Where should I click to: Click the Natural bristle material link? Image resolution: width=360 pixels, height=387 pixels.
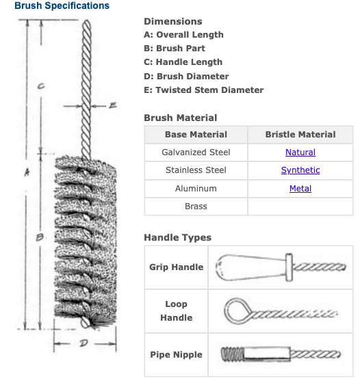click(x=300, y=152)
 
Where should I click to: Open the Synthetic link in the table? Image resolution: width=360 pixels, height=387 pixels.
click(x=300, y=170)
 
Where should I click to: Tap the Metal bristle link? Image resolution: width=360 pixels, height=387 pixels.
click(x=300, y=189)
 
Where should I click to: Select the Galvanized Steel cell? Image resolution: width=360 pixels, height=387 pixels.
click(x=196, y=152)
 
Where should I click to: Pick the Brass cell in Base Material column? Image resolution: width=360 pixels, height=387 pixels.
click(x=196, y=206)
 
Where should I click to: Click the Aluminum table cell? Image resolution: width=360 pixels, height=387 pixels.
click(x=196, y=189)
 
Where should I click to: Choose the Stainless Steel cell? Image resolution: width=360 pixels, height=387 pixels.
click(x=196, y=170)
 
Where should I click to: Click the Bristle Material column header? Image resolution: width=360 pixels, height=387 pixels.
click(x=300, y=135)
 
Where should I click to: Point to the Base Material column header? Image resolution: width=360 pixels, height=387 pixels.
click(x=196, y=135)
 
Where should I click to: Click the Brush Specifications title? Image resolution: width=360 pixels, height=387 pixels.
click(x=62, y=5)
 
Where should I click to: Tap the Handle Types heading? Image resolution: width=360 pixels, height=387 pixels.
click(x=177, y=237)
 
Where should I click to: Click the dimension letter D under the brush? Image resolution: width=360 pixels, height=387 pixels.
click(x=83, y=343)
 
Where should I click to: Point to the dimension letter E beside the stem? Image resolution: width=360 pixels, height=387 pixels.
click(x=112, y=105)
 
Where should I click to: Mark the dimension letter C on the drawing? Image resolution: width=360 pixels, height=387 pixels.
click(x=41, y=86)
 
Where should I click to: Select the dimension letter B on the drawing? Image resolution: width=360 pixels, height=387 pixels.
click(x=40, y=237)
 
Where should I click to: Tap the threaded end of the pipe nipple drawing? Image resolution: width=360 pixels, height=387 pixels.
click(x=232, y=354)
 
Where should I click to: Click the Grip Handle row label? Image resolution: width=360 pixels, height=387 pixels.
click(x=176, y=267)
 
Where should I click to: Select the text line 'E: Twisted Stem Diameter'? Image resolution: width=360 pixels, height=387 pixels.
click(x=203, y=90)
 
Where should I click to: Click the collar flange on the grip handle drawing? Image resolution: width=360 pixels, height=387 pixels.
click(x=289, y=267)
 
